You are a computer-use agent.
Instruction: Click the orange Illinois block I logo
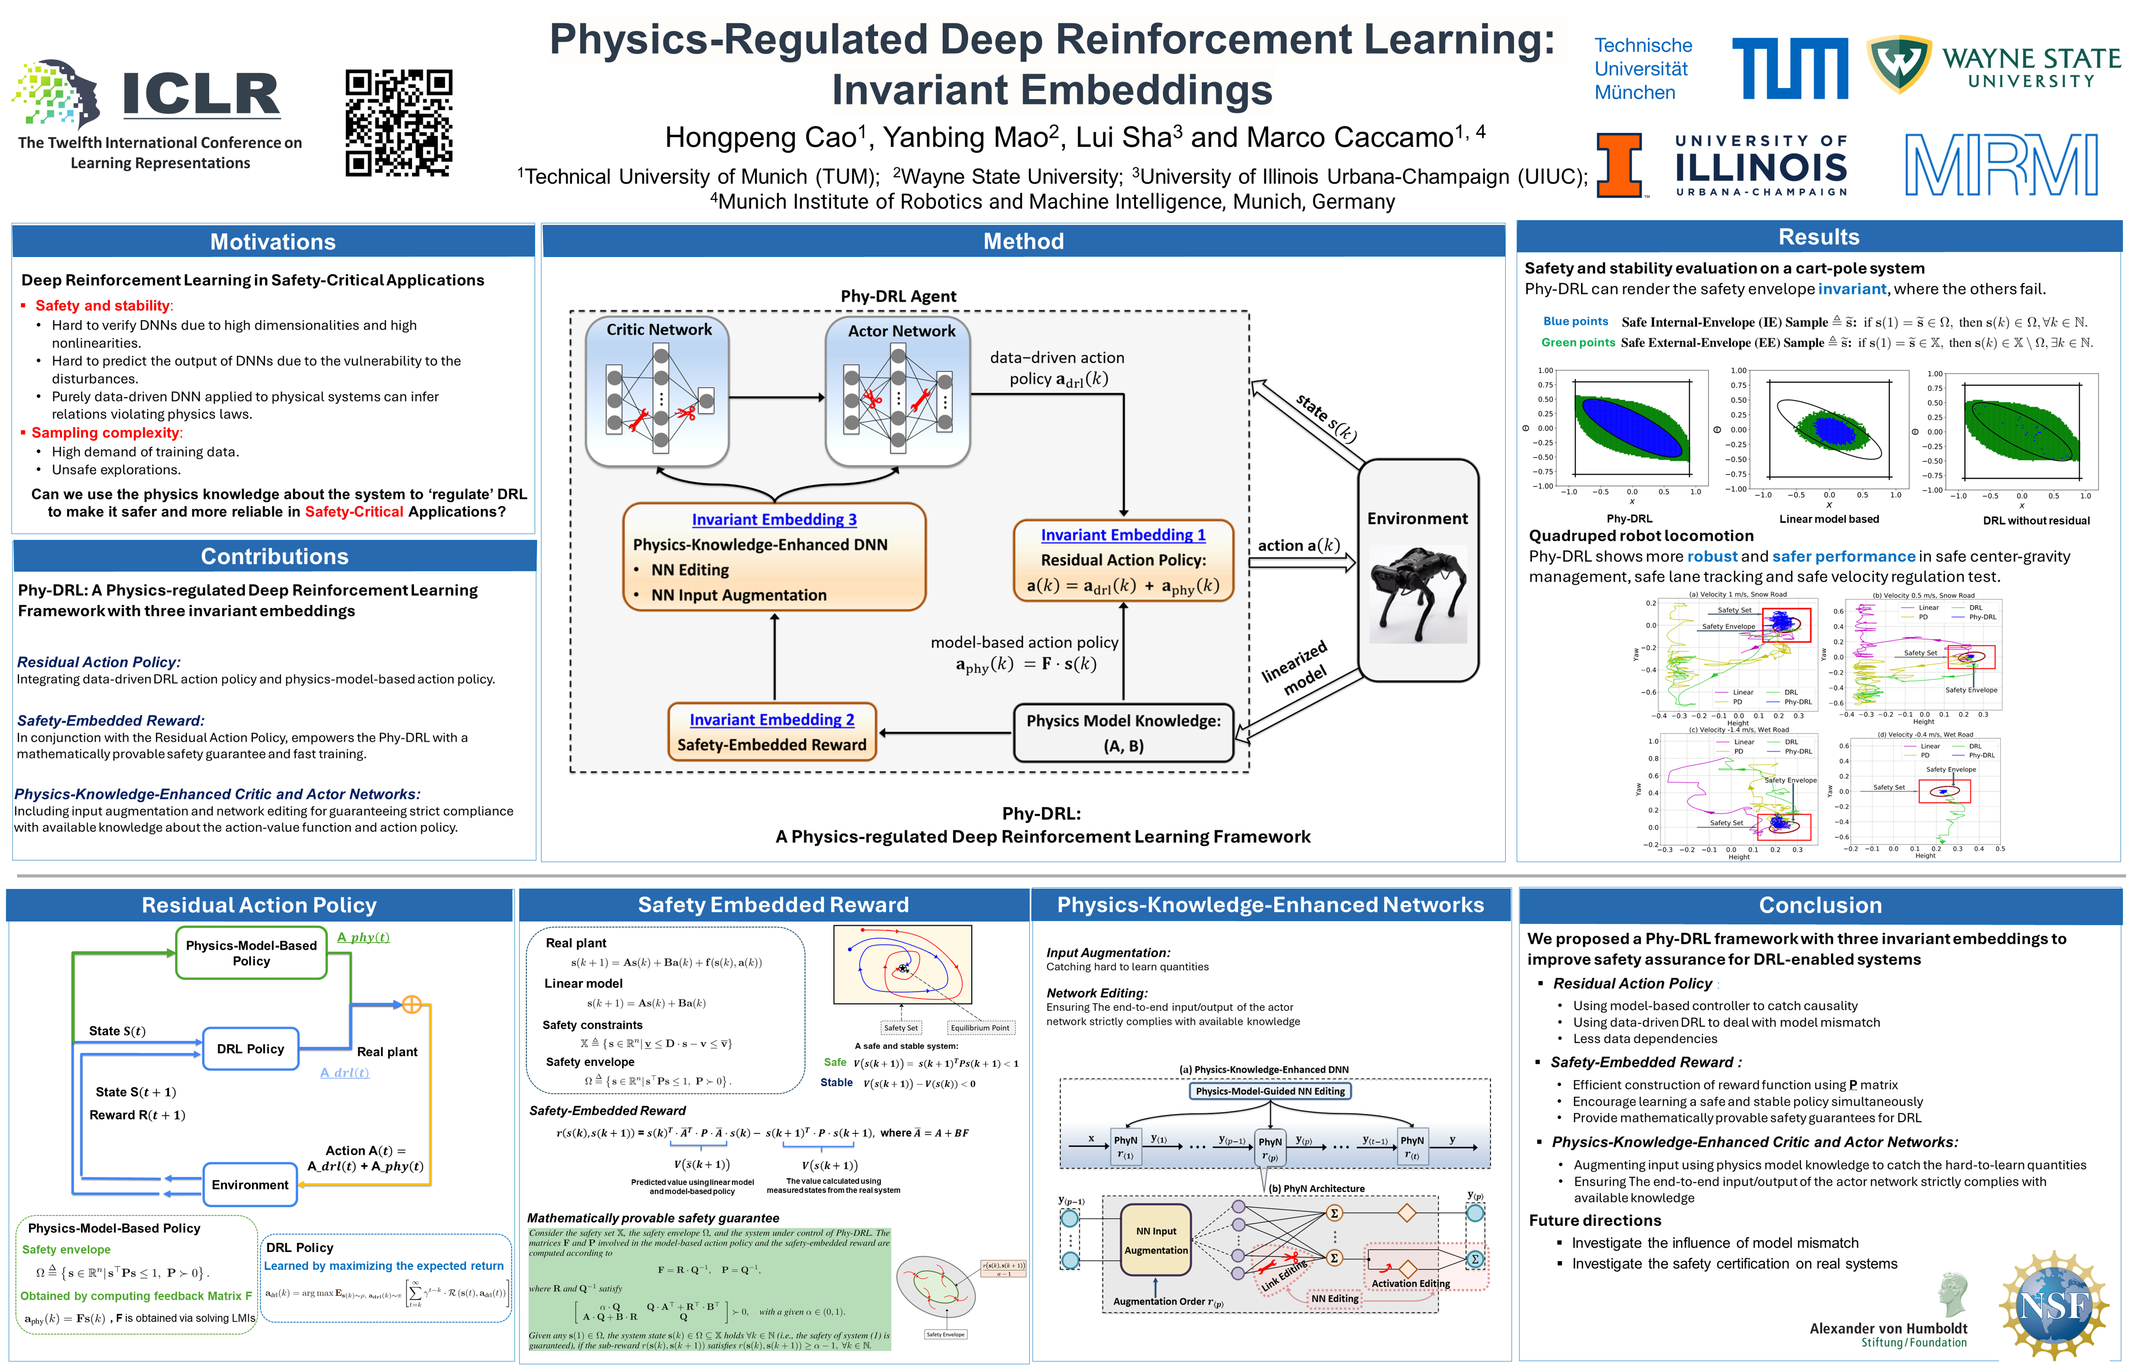pos(1618,165)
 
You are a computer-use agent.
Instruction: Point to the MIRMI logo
pos(2001,165)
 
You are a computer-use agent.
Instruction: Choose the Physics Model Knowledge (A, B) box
pos(1123,733)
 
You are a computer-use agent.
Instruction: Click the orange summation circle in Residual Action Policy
pos(412,1004)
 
